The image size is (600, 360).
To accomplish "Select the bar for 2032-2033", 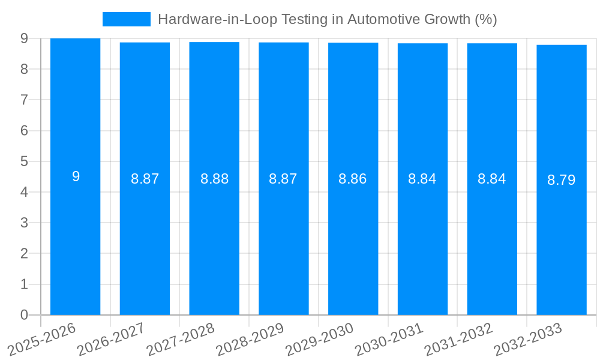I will tap(562, 240).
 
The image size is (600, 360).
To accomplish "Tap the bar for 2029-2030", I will tap(353, 240).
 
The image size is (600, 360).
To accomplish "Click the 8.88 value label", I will tap(214, 179).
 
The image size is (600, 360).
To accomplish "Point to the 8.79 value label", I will tap(562, 180).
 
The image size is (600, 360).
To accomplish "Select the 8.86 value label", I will tap(353, 179).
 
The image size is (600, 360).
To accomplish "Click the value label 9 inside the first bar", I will tap(76, 176).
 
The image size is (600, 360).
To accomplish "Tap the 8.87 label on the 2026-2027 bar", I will tap(145, 179).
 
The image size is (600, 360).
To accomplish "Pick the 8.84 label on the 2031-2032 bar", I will tap(492, 179).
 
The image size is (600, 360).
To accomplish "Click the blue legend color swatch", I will tap(127, 19).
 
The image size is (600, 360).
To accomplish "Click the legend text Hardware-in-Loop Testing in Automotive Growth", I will tap(327, 19).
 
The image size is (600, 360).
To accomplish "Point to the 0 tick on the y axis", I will tap(24, 315).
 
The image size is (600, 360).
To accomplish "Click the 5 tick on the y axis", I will tap(24, 161).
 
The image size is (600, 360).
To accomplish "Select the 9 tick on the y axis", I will tap(24, 38).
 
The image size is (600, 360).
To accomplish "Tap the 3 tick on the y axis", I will tap(24, 223).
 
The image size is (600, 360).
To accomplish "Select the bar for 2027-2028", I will tap(214, 240).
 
